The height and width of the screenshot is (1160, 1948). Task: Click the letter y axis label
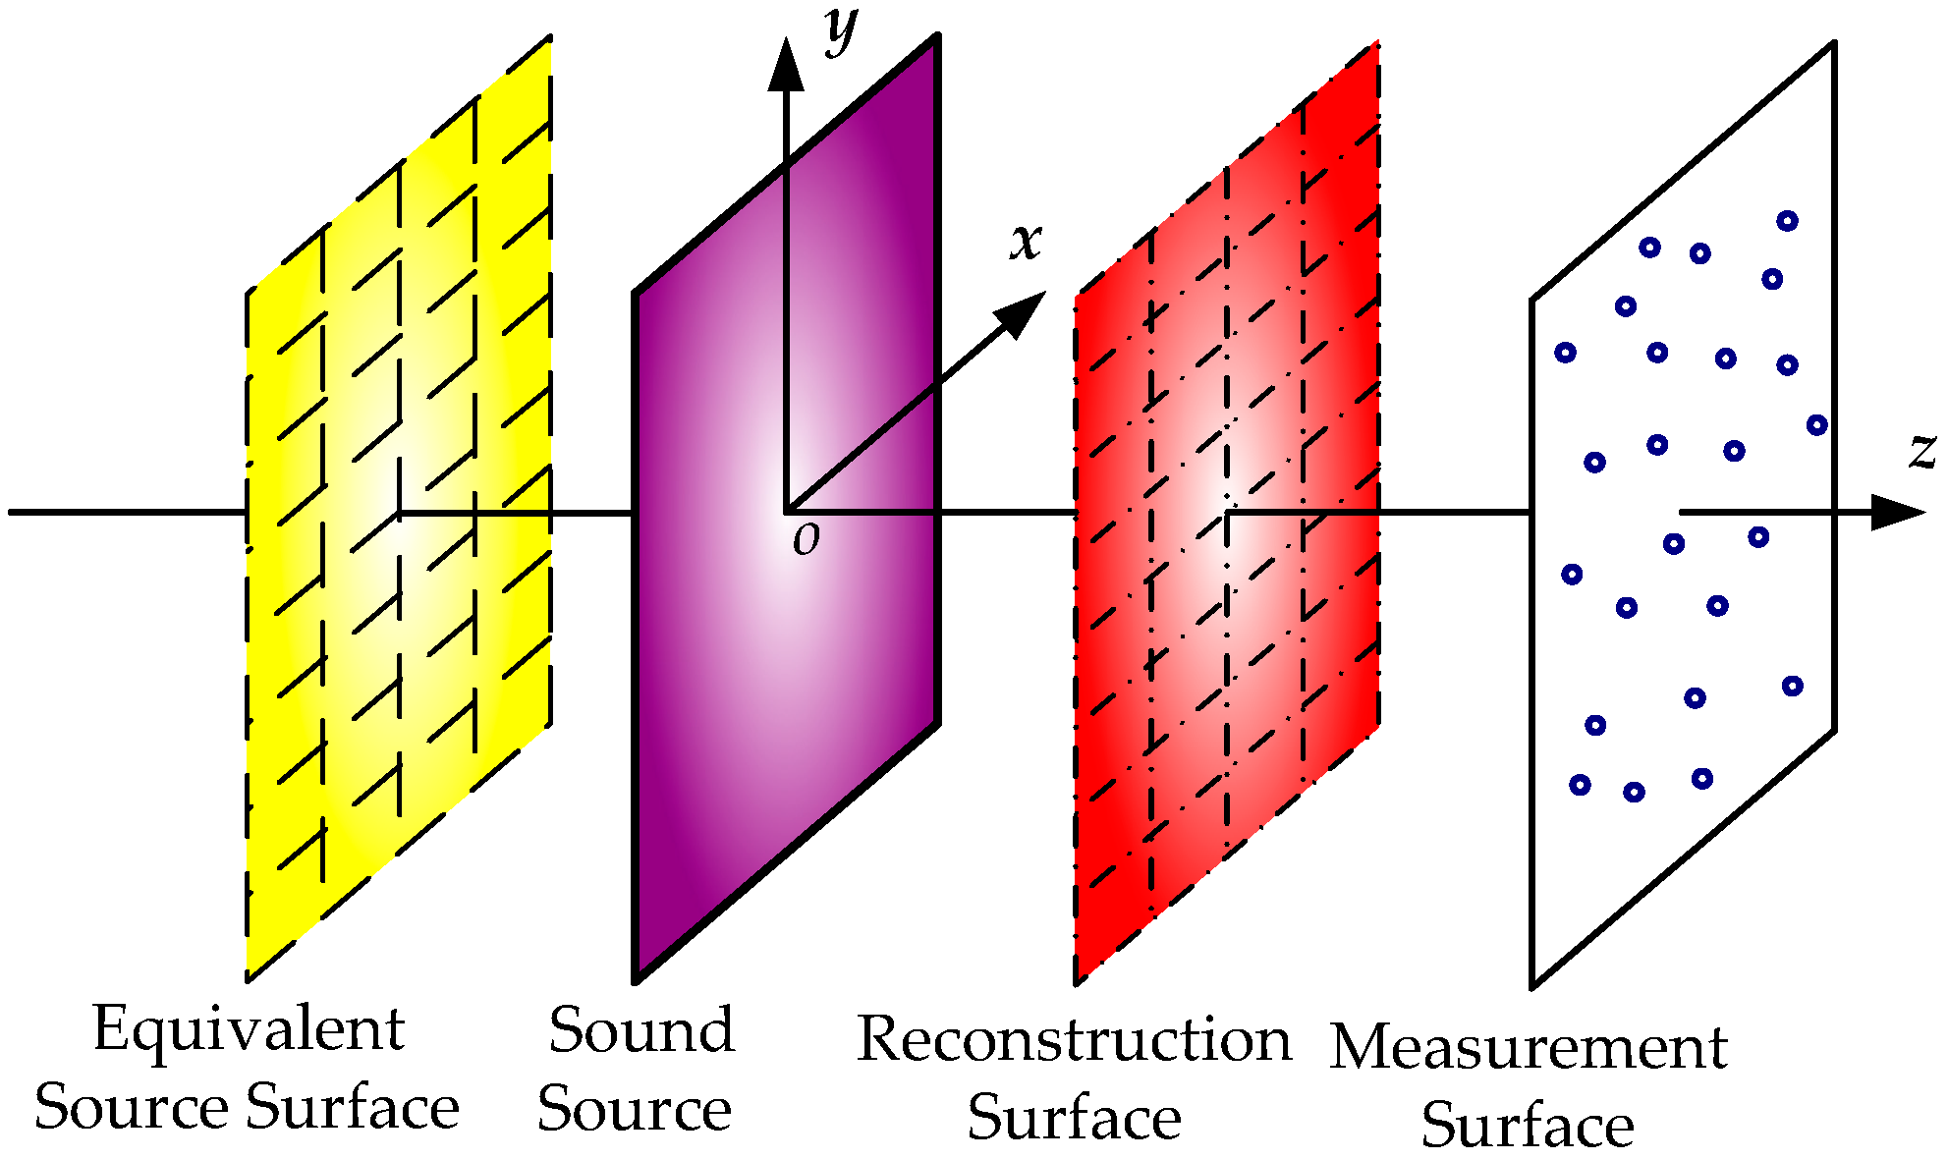(842, 29)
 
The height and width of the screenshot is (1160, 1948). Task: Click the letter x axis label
(1026, 241)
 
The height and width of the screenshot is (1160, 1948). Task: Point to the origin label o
(806, 539)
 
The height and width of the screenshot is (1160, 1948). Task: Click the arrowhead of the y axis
(785, 65)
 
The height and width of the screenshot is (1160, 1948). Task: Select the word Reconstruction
(1074, 1039)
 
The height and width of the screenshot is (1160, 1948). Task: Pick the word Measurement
(1528, 1047)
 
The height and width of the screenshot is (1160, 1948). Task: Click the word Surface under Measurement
(1528, 1125)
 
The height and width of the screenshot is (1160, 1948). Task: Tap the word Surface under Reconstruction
(1074, 1118)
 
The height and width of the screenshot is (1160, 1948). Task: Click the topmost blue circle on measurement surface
(1787, 221)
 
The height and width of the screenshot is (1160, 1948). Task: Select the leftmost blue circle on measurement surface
(1565, 353)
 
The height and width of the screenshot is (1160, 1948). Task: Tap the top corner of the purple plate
(937, 37)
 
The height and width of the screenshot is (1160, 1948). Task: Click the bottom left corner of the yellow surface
(249, 978)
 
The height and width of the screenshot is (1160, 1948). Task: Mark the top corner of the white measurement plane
(1833, 44)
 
